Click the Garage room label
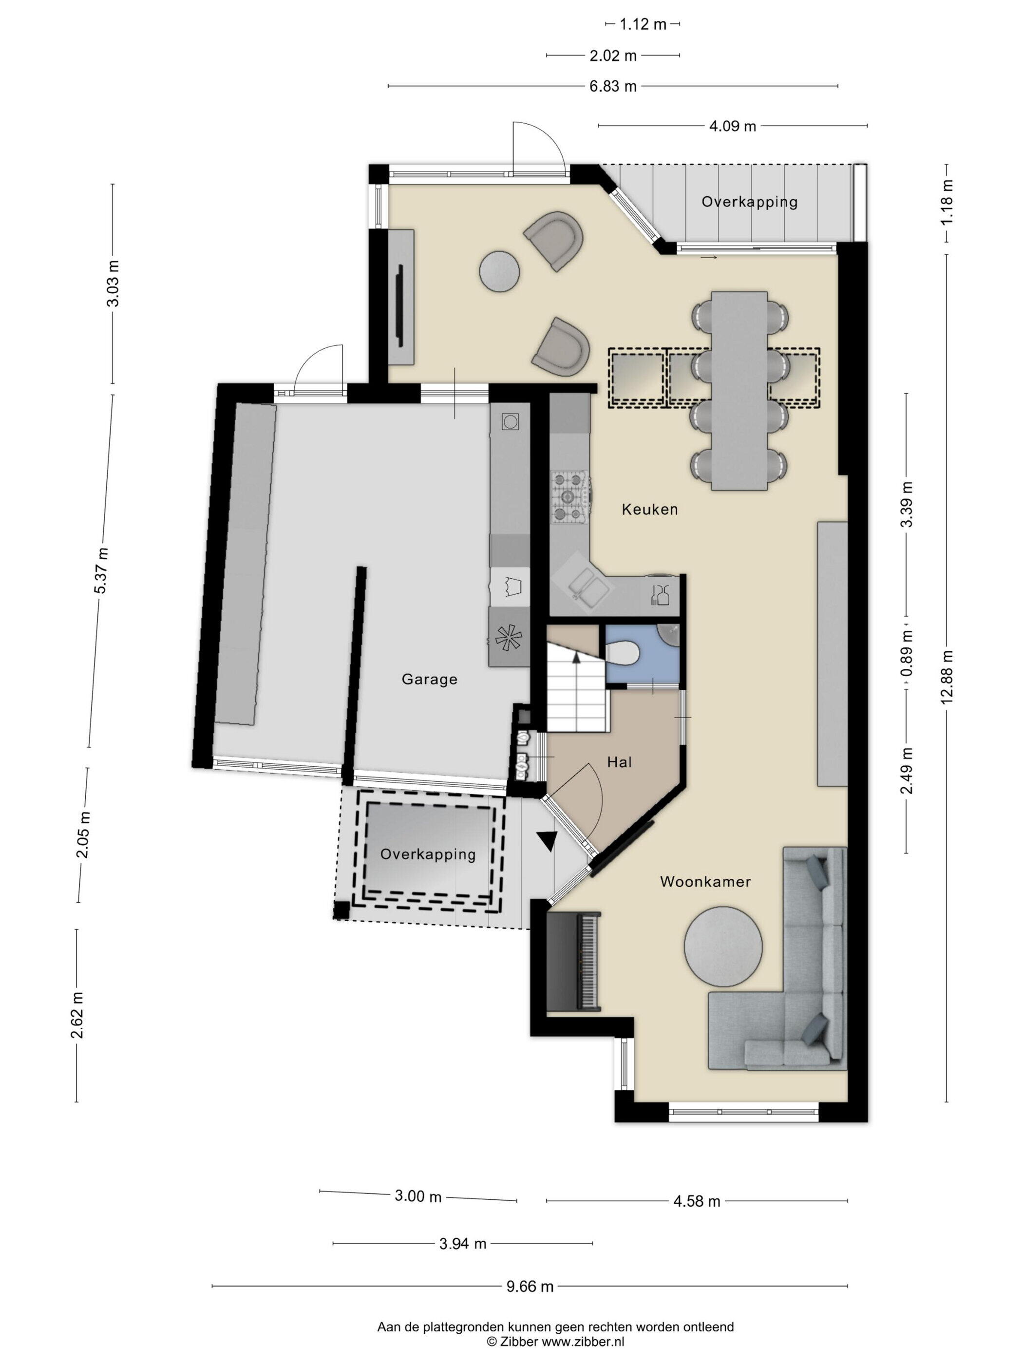429,679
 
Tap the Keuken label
649,510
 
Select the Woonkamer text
705,881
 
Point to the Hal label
619,762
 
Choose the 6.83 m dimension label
612,86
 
